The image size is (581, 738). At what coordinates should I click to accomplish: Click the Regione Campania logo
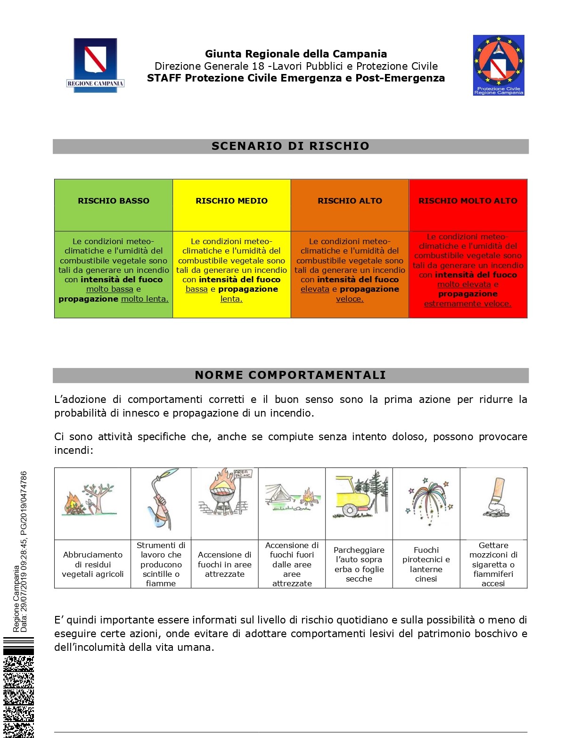click(x=95, y=65)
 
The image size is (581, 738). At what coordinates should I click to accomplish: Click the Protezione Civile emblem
click(x=499, y=65)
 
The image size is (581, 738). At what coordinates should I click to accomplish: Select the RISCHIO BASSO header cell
click(x=114, y=201)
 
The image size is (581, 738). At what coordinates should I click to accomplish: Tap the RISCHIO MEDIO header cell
click(x=231, y=201)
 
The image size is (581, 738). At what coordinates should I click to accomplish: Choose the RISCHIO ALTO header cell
click(x=350, y=201)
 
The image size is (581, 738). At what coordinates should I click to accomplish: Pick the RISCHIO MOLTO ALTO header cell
click(x=468, y=201)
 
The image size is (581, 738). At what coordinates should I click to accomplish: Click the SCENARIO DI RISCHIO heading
click(x=290, y=146)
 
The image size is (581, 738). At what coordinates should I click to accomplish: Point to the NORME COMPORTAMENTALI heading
click(x=290, y=375)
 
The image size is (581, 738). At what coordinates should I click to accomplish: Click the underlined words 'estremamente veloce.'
click(x=467, y=304)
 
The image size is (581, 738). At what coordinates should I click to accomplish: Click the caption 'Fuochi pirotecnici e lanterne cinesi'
click(x=426, y=564)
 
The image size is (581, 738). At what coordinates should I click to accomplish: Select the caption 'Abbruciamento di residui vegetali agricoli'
click(x=93, y=564)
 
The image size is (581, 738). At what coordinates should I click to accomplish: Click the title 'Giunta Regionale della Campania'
click(x=296, y=54)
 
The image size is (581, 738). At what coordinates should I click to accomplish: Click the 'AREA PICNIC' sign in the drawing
click(x=243, y=473)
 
